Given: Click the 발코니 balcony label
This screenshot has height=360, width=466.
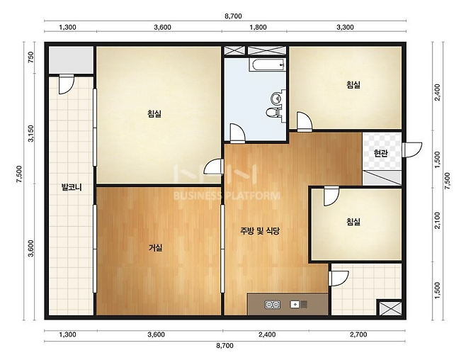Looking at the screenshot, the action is [72, 187].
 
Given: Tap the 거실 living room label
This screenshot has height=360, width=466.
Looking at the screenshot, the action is [156, 247].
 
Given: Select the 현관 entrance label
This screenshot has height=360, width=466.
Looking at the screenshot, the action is [381, 153].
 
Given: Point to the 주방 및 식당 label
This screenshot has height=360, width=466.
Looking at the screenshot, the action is [260, 231].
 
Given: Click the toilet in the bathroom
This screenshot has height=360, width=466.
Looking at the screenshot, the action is [273, 113].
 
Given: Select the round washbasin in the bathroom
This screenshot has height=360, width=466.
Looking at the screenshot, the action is [276, 97].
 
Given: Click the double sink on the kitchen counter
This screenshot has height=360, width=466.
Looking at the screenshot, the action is [273, 305].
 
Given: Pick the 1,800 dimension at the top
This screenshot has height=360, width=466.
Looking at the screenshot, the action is [258, 28].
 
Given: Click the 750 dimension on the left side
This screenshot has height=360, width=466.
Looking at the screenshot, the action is [30, 57].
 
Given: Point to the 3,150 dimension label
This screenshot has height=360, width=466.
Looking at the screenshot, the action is [30, 133].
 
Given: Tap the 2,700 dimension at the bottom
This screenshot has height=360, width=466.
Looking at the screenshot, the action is [358, 334].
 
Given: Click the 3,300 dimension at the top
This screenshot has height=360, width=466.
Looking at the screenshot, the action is [345, 28].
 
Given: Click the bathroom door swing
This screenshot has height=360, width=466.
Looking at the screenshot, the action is [237, 133].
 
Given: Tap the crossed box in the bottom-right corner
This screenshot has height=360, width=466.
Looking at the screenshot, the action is [390, 308].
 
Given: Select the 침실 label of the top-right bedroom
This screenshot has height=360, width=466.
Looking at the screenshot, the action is [353, 85].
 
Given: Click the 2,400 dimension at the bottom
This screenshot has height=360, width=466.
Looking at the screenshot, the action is [267, 334].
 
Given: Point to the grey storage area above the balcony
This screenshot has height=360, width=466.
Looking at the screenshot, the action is [72, 60].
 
